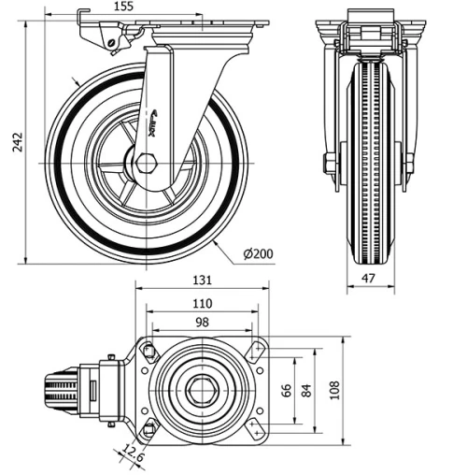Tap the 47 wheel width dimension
coord(370,279)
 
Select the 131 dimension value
coord(203,280)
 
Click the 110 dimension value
coord(202,303)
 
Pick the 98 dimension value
coord(201,323)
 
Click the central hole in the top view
coord(200,390)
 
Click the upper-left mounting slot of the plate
coord(148,350)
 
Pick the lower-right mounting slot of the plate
coord(254,430)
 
